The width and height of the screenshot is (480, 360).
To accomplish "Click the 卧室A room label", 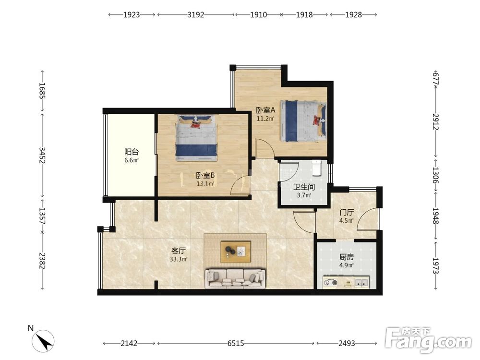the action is pos(266,110).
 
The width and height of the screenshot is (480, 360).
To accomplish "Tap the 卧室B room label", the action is pos(205,175).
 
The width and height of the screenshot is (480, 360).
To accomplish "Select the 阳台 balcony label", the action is pos(132,152).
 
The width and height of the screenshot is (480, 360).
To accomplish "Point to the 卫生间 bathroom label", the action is pos(304,187).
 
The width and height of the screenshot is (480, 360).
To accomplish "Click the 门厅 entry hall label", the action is pos(347,212).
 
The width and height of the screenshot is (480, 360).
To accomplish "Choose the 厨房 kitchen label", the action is pos(347,257).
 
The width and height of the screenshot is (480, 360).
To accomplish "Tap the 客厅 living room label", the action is pos(179,251).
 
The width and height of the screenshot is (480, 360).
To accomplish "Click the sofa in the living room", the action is pos(235,278).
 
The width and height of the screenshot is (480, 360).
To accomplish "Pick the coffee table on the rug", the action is pos(236,252).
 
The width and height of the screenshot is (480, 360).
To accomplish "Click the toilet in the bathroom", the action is pos(316,168).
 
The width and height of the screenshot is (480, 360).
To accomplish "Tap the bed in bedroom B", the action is pos(196,138).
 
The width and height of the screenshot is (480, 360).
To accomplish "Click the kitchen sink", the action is pos(361,282).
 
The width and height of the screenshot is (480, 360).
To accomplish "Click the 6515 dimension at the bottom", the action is pos(236,344).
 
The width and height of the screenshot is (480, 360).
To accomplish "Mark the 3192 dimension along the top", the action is pos(196,15).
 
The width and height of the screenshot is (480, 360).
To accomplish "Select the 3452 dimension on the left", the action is pos(42,155).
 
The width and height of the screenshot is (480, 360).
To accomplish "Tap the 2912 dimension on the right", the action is pos(436,121).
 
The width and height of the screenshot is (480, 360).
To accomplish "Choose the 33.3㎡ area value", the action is pos(179,259).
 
